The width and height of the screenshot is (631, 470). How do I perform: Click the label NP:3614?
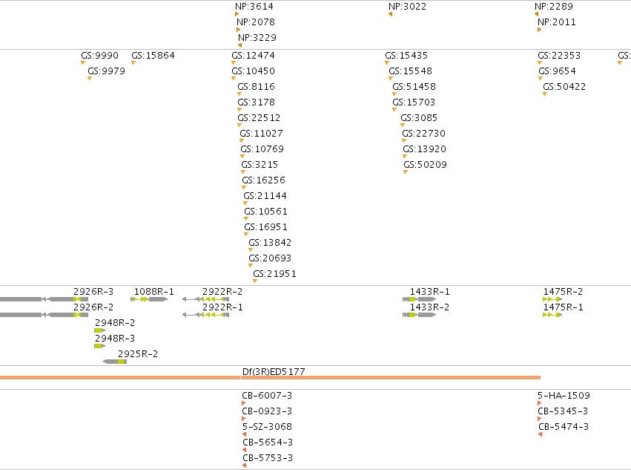click(254, 7)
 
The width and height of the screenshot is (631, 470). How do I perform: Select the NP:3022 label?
click(407, 7)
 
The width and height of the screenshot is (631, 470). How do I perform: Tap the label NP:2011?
click(557, 22)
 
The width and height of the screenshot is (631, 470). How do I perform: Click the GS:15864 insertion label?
click(153, 56)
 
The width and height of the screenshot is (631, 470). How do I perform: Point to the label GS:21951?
click(274, 274)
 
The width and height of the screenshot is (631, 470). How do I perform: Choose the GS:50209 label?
click(425, 165)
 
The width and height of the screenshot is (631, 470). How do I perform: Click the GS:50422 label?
click(564, 87)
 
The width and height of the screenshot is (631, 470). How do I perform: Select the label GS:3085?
click(418, 118)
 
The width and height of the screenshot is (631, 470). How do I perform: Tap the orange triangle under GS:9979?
click(90, 78)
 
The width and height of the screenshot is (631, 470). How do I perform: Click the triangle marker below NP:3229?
click(239, 45)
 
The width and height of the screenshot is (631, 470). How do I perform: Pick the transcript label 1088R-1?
click(153, 292)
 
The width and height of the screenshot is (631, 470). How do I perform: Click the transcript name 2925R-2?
click(138, 354)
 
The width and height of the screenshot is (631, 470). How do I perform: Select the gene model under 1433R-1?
click(419, 299)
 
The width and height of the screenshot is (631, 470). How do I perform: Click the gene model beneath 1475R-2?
click(552, 299)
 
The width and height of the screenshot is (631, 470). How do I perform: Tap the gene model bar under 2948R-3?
click(100, 346)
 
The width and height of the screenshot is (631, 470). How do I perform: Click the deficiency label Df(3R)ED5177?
click(274, 372)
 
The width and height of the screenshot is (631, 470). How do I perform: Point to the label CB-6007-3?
click(267, 396)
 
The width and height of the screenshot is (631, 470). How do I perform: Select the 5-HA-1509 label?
click(564, 396)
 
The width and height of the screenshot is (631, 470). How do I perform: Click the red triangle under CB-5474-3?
click(540, 434)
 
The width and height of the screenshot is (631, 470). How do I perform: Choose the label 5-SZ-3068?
click(267, 427)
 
